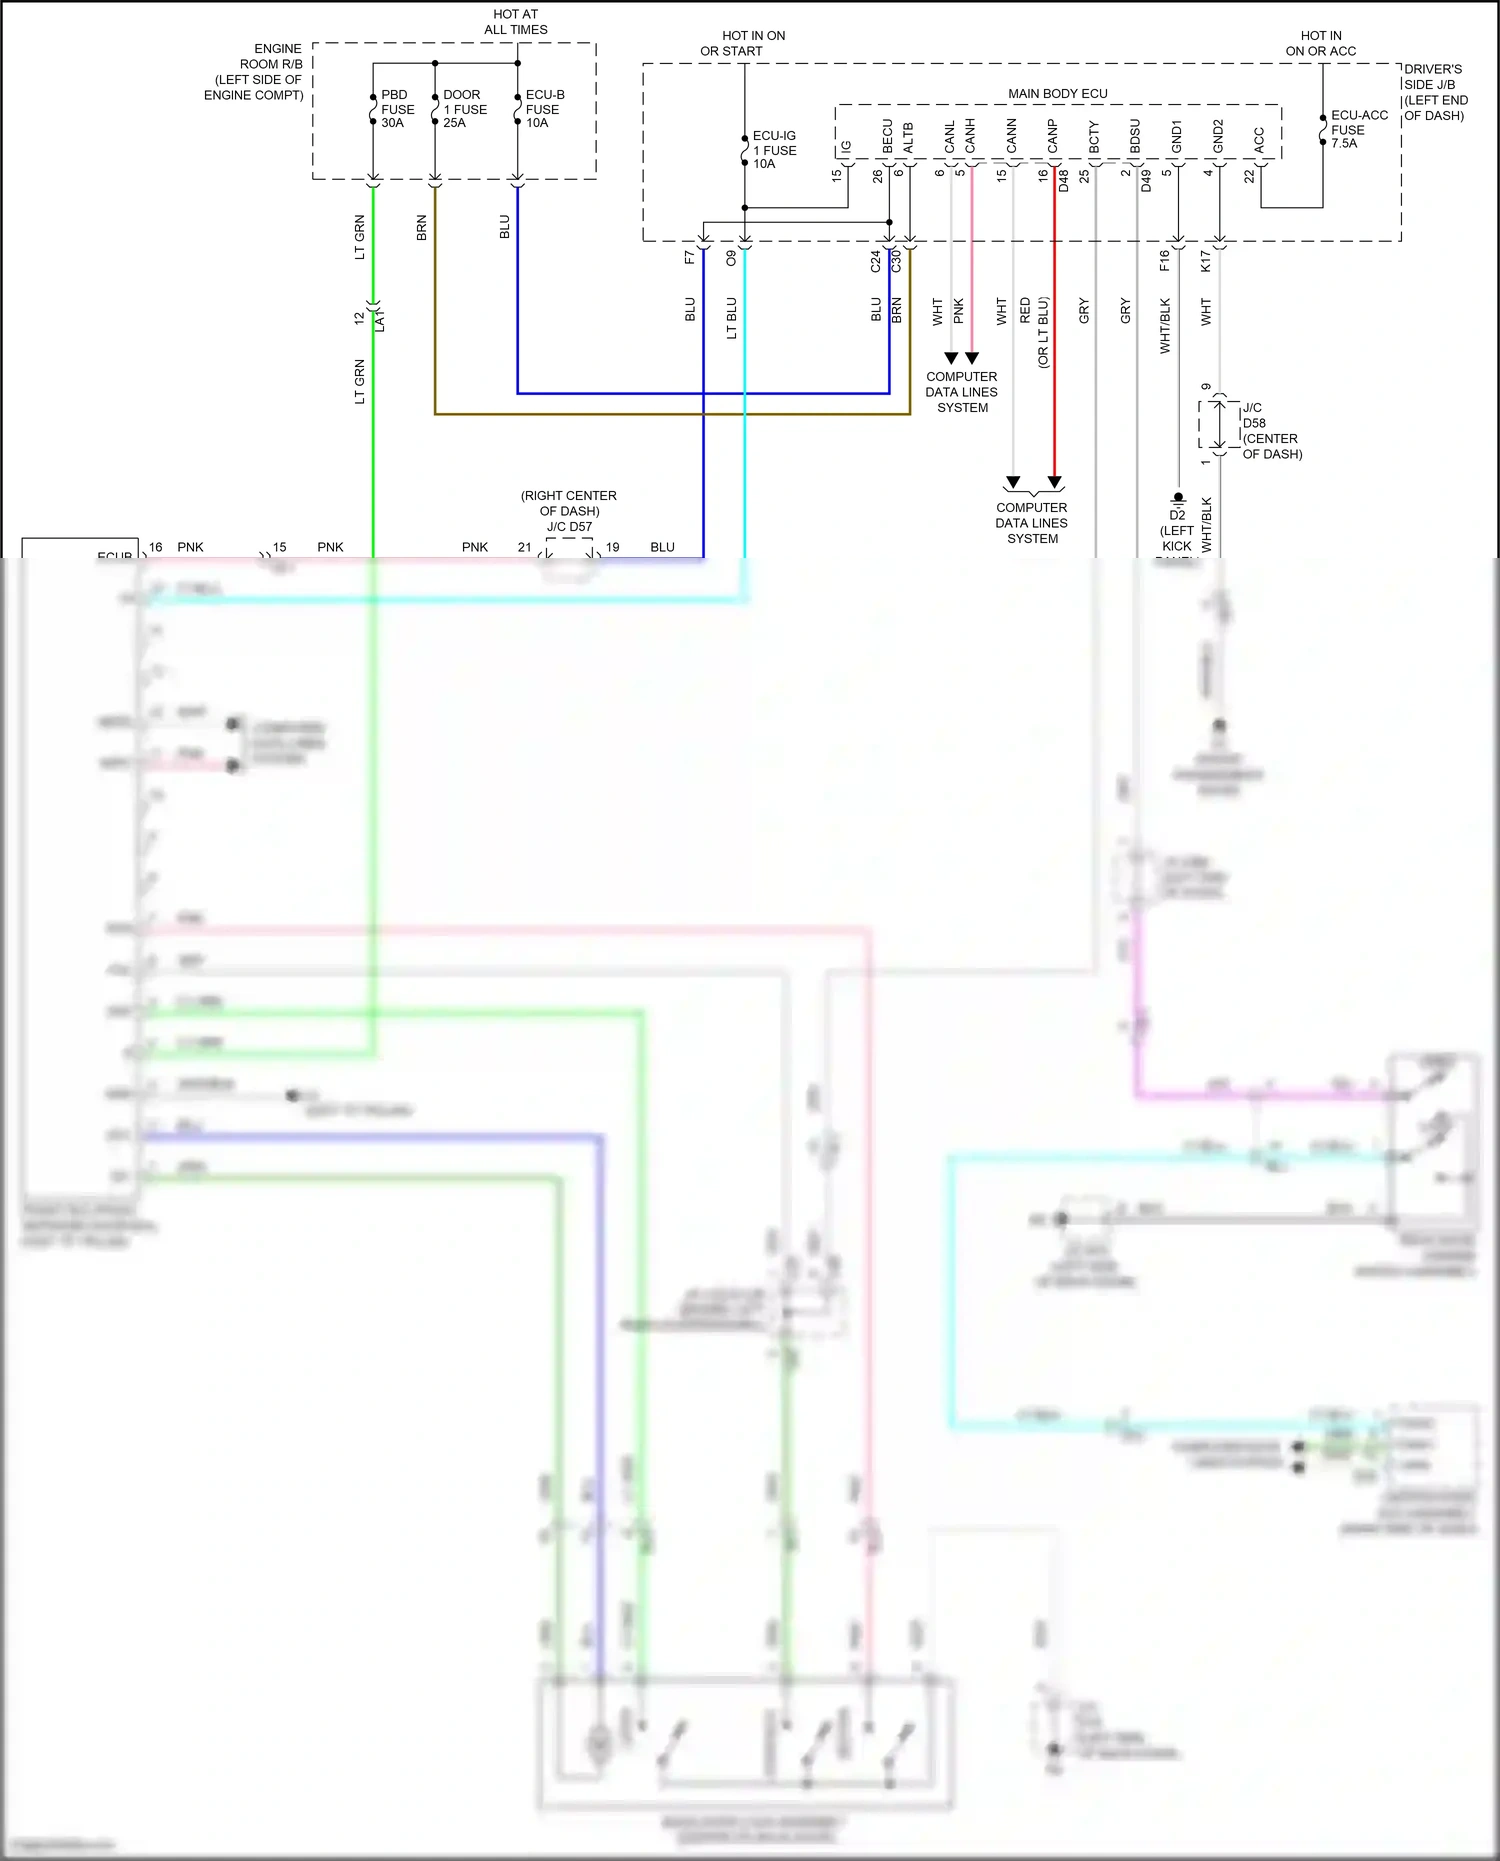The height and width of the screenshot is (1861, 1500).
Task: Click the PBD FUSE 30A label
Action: coord(397,109)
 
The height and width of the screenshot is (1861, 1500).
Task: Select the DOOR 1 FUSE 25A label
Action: coord(465,109)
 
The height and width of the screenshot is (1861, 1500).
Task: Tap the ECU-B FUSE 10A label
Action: coord(545,109)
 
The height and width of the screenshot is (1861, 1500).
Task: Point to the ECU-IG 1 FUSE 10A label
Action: coord(774,150)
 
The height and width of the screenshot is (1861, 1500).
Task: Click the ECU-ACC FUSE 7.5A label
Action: coord(1358,129)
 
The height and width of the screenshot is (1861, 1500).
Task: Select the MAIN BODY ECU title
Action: coord(1057,93)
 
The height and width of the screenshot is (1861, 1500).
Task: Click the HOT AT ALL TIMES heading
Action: coord(515,22)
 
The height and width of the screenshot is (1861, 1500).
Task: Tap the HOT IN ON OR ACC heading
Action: coord(1320,43)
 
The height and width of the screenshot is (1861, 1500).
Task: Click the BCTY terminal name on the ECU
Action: coord(1094,138)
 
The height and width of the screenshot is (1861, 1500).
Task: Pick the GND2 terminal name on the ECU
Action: coord(1218,136)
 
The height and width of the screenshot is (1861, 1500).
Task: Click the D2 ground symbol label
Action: coord(1177,515)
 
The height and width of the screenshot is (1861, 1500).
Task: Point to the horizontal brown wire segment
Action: coord(670,413)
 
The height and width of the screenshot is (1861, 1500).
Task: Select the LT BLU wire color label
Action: coord(731,318)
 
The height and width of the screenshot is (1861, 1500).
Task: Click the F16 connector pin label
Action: coord(1164,260)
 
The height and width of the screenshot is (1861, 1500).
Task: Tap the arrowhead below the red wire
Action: coord(1054,482)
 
